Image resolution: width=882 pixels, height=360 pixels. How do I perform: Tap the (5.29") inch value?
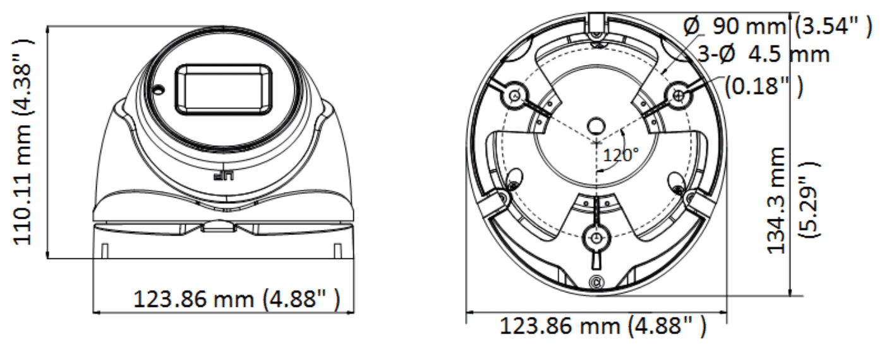click(x=809, y=198)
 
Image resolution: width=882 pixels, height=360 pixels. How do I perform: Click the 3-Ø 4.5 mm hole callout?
click(x=762, y=54)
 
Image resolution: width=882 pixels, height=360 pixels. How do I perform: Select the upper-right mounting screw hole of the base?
click(x=679, y=95)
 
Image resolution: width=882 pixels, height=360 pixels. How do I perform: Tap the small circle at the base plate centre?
click(x=595, y=123)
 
